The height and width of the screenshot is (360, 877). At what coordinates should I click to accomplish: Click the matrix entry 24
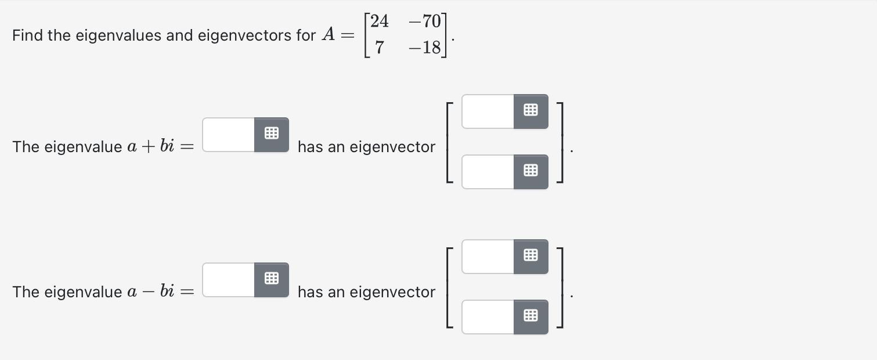tap(379, 21)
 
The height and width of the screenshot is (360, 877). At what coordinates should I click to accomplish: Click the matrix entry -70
tap(425, 21)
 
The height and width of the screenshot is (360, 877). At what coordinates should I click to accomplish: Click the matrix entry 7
tap(379, 48)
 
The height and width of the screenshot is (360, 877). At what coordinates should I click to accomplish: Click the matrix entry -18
tap(425, 48)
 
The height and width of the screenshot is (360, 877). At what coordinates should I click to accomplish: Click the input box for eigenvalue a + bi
tap(229, 135)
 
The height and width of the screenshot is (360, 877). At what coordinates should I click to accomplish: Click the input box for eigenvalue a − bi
tap(229, 280)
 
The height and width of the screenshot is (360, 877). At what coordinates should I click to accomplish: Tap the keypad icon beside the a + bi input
tap(271, 135)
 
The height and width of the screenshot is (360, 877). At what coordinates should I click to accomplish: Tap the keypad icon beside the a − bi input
tap(271, 280)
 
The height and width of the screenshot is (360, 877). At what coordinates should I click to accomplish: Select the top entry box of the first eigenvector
tap(488, 111)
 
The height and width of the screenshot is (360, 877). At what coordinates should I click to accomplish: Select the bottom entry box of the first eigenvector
tap(488, 172)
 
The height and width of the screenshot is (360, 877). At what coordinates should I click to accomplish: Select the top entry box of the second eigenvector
tap(488, 257)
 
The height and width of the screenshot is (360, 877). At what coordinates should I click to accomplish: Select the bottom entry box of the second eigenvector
tap(488, 317)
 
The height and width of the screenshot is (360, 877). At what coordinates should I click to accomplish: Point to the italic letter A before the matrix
tap(328, 35)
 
